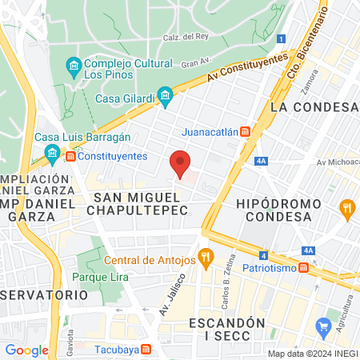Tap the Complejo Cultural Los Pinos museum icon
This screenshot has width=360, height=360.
click(x=73, y=64)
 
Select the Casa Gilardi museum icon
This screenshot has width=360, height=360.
click(x=166, y=98)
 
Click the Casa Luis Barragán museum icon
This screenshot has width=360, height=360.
click(x=53, y=151)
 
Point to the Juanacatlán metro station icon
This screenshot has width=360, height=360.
click(x=246, y=131)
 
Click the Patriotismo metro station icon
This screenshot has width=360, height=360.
click(x=303, y=268)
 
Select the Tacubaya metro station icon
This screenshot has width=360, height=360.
click(x=146, y=350)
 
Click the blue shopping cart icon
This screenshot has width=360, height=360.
click(x=324, y=326)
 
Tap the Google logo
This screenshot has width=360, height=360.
click(x=26, y=350)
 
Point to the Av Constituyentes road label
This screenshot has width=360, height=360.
click(x=246, y=69)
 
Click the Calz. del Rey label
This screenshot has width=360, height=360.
click(x=186, y=37)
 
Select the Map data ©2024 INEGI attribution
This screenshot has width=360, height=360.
click(x=312, y=353)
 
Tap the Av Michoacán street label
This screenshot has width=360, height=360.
click(x=336, y=162)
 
